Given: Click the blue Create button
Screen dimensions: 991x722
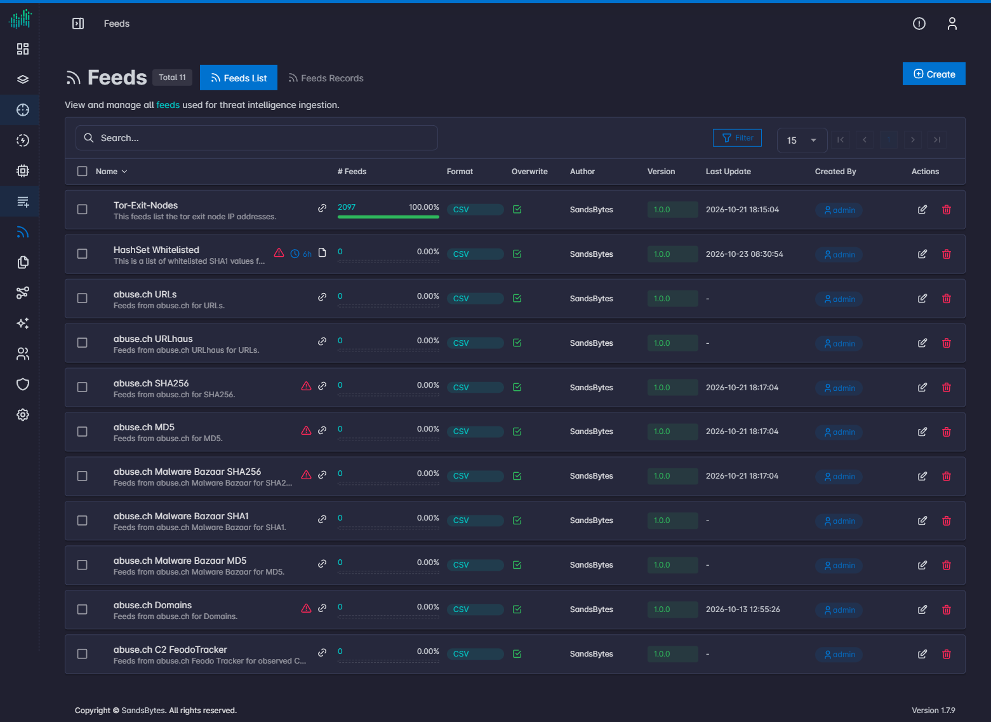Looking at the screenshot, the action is coord(933,74).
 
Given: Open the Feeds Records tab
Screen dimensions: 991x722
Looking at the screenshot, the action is coord(326,78).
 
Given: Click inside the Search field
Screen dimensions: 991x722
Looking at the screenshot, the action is coord(256,138).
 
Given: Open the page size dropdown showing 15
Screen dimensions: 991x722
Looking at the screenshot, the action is coord(802,140).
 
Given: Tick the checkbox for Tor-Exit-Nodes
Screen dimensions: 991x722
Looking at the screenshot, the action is coord(83,209).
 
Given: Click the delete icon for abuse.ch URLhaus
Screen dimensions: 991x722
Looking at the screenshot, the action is coord(947,343).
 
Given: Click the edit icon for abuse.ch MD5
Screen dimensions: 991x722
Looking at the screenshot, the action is coord(922,432).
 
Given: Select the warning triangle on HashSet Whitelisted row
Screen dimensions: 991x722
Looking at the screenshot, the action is coord(279,253).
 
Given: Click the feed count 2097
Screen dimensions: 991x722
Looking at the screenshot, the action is coord(347,207).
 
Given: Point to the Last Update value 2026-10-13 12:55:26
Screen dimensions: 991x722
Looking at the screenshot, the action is coord(743,609).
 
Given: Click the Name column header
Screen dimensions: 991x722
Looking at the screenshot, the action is coord(107,172).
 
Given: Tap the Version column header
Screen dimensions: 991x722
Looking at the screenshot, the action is coord(661,172).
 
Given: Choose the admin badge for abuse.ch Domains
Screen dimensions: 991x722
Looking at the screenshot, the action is coord(839,610).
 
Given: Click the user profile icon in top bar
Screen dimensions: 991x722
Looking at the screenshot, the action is coord(952,24).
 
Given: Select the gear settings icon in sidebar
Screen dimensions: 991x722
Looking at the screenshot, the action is coord(23,414).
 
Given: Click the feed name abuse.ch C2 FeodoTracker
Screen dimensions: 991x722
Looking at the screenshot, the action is coord(170,650).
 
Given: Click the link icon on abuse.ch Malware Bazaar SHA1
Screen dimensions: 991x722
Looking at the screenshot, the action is coord(322,519).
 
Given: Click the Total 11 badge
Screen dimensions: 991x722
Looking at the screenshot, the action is coord(172,78).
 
